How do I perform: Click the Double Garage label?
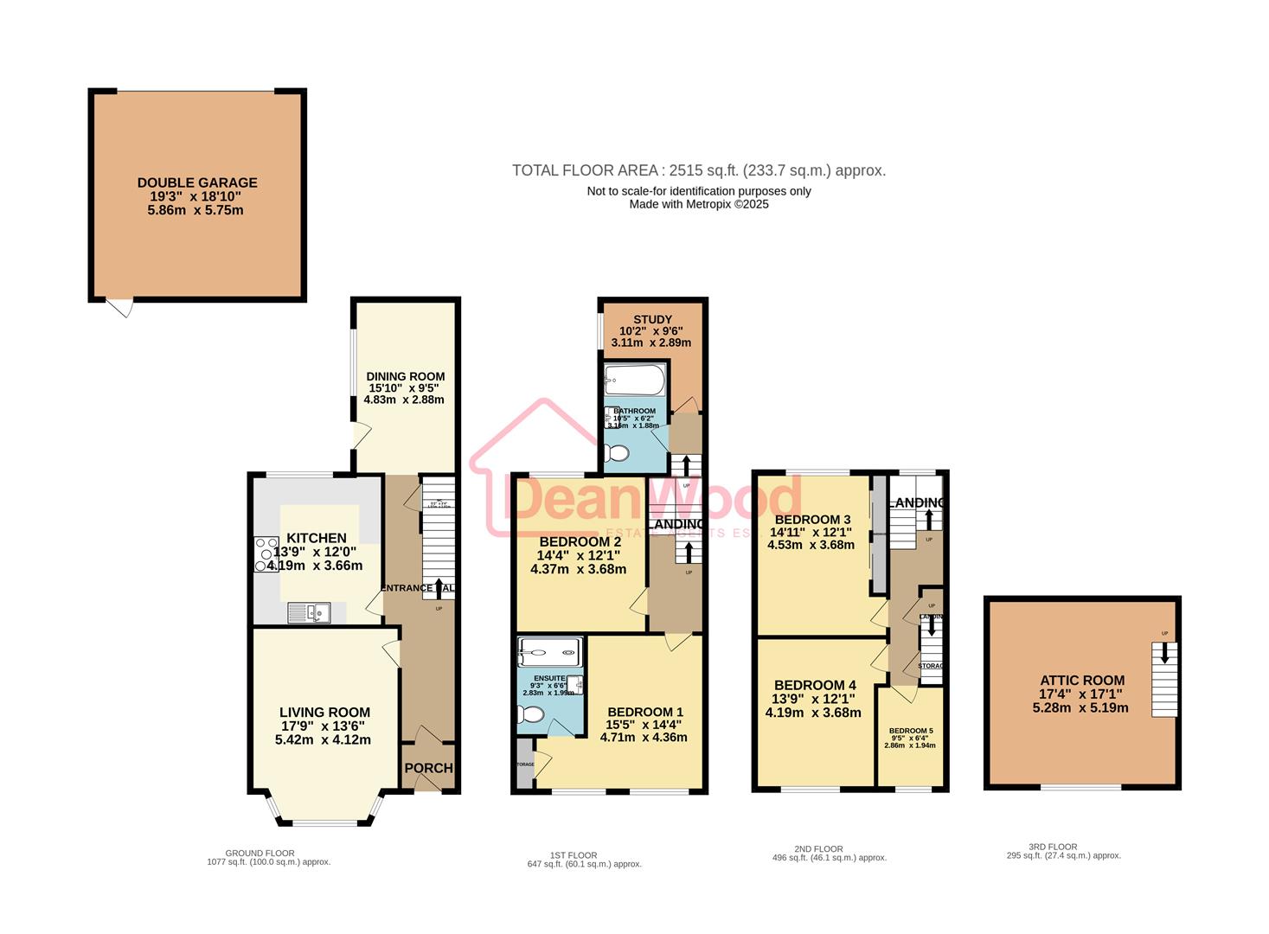pos(197,182)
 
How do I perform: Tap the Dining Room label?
pos(405,376)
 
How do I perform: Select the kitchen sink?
pos(309,613)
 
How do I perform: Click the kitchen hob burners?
pos(261,554)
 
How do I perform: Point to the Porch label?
pos(428,768)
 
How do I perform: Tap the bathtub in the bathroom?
pos(635,380)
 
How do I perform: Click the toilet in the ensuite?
pos(530,714)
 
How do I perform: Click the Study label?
pos(651,320)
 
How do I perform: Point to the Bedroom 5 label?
pos(910,731)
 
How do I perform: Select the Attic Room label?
pos(1081,681)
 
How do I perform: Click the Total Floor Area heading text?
pos(698,170)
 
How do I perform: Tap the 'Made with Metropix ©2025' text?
pos(698,204)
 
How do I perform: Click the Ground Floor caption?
pos(260,853)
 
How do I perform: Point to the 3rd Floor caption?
pos(1053,847)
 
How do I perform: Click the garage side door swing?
pos(121,307)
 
